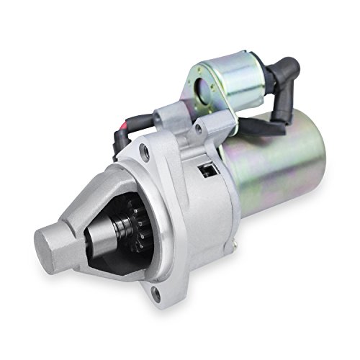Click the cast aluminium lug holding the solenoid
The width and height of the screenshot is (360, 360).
[180, 122]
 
